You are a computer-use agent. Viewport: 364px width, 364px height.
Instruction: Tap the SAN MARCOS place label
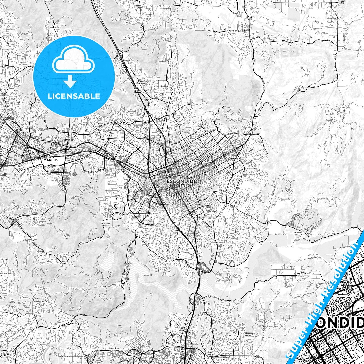[51, 158]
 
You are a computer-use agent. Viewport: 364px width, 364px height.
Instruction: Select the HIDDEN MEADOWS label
[138, 7]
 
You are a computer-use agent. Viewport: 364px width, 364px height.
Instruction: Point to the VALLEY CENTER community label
[249, 18]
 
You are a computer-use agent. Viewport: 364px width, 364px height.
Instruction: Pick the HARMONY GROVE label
[106, 224]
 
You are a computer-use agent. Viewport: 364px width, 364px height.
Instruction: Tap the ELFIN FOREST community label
[65, 263]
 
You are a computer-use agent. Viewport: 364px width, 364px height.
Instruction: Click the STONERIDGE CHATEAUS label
[247, 334]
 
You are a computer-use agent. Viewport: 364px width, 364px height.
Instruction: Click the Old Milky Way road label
[280, 234]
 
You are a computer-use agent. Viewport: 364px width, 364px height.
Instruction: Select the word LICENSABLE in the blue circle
[74, 96]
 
